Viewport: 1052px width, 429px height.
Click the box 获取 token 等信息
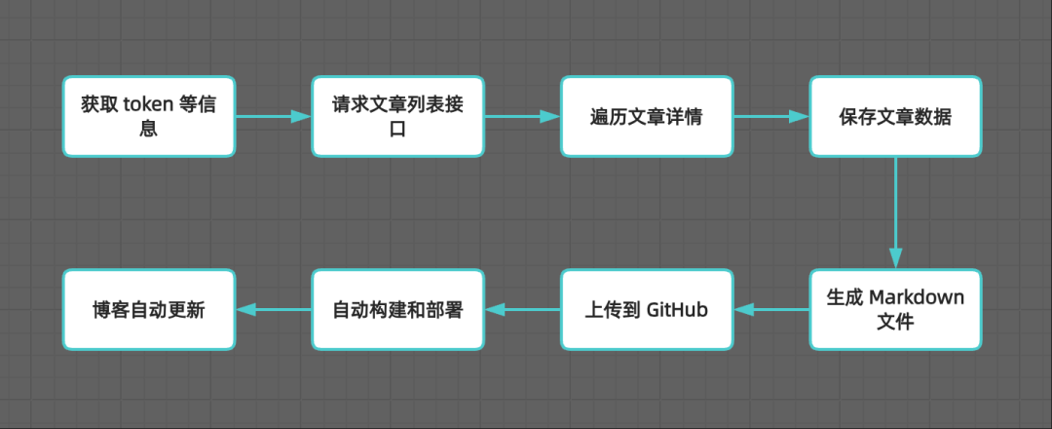149,116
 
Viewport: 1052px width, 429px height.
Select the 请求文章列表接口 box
397,116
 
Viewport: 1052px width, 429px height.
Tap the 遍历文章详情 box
646,116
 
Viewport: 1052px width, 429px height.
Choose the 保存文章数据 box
895,116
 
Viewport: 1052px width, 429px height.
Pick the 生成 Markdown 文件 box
895,310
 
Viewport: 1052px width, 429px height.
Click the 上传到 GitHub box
646,310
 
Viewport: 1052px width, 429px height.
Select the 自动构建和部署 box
397,310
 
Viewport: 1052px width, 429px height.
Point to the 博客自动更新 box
149,310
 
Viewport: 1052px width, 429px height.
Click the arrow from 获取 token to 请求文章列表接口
273,116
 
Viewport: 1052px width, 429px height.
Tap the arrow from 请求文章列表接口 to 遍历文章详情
522,116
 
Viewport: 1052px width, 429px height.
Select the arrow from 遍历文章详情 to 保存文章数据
770,116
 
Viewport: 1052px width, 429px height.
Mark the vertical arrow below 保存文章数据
895,213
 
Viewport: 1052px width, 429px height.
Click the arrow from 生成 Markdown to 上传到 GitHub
770,310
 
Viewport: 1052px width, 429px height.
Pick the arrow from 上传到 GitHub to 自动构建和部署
522,310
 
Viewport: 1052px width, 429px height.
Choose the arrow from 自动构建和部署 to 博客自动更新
273,310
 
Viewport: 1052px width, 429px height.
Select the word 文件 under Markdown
895,323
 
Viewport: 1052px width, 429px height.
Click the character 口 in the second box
397,130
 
